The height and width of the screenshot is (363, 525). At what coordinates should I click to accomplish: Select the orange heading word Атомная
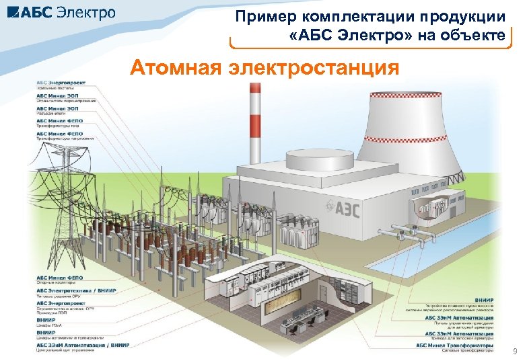tap(177, 69)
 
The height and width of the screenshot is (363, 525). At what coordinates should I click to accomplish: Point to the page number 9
tap(515, 352)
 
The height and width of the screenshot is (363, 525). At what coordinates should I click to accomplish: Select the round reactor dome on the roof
tap(320, 160)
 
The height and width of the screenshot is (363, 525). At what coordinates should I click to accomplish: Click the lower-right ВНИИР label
tap(484, 299)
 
